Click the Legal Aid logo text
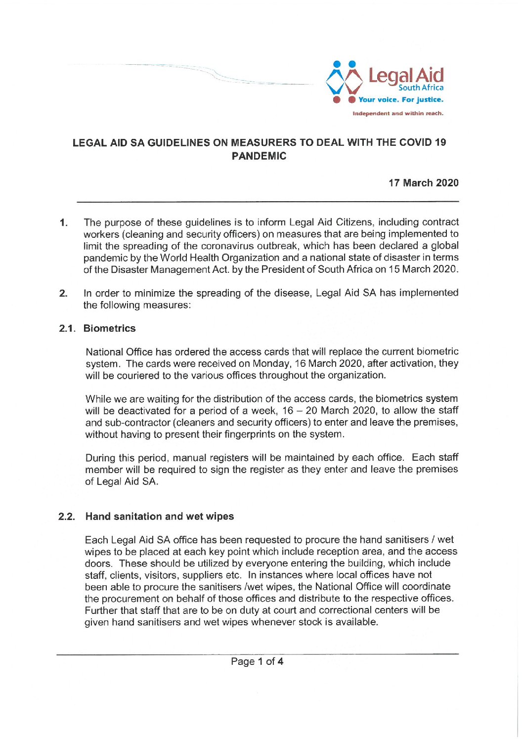(x=406, y=76)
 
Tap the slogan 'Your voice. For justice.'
(x=400, y=100)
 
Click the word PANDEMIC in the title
(x=259, y=156)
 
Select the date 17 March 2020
(x=423, y=183)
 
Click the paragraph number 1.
(x=63, y=223)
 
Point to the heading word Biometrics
(x=109, y=329)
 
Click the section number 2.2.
(x=67, y=517)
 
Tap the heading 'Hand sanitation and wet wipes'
(x=159, y=517)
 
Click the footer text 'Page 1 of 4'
(x=257, y=662)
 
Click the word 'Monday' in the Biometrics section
(x=271, y=364)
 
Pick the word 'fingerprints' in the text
(x=253, y=435)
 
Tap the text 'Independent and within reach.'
(x=397, y=114)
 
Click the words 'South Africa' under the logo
(x=421, y=88)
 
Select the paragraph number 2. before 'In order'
(x=63, y=294)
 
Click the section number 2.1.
(x=67, y=329)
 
